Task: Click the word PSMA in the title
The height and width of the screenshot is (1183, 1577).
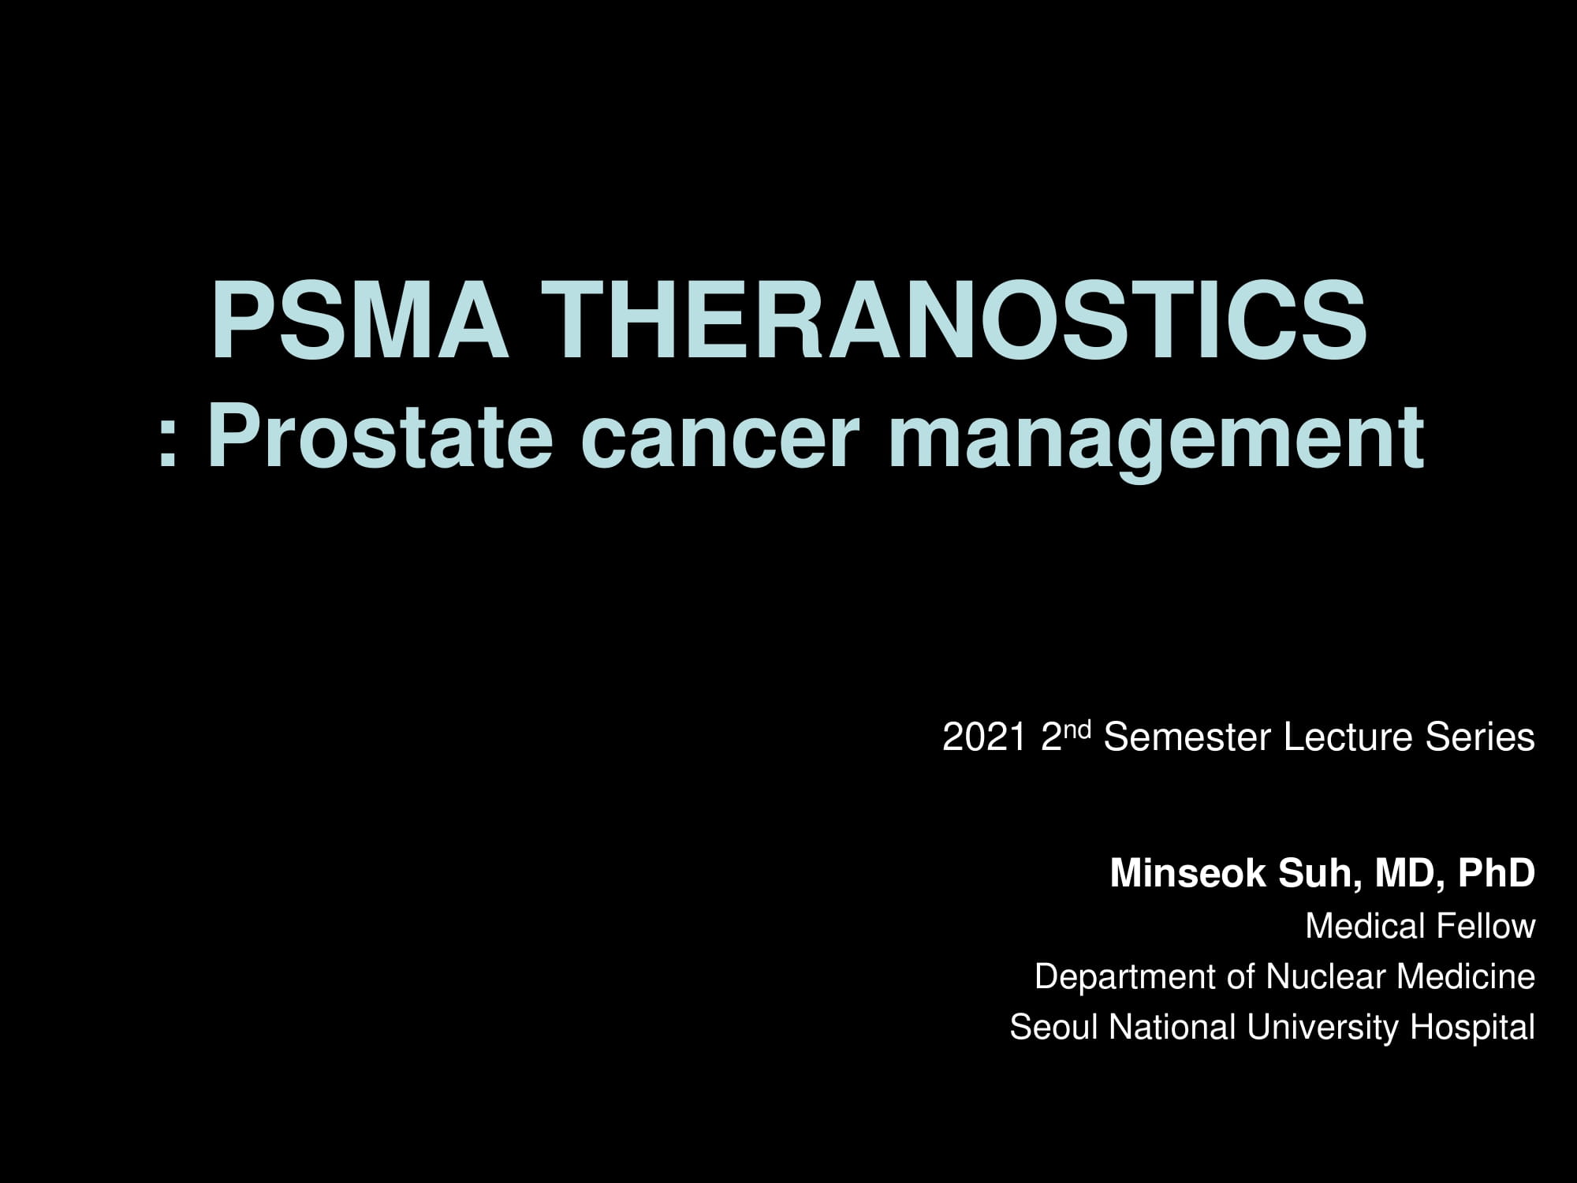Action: pos(360,323)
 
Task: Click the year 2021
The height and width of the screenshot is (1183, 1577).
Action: pos(984,738)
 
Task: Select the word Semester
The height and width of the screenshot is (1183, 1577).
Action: pos(1189,738)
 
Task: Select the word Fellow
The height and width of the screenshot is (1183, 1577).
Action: pos(1487,926)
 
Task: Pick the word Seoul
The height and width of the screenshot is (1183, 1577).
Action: pos(1055,1028)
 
